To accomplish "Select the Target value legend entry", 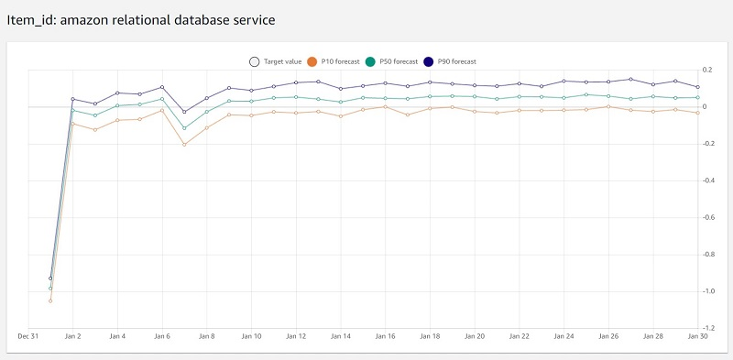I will (279, 61).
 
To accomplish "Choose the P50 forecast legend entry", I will (395, 61).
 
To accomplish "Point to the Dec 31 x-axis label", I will (28, 336).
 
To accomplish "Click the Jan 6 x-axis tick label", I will (162, 336).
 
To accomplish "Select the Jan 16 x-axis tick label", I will (386, 336).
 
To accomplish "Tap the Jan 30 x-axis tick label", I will (698, 336).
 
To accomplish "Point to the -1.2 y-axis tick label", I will (707, 328).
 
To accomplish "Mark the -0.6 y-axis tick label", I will (707, 217).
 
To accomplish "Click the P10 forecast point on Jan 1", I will (50, 300).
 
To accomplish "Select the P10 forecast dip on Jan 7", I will (184, 145).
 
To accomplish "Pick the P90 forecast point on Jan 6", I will (162, 87).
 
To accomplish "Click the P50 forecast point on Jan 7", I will (184, 128).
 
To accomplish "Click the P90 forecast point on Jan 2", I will (73, 99).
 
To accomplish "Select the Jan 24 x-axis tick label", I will (564, 336).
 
